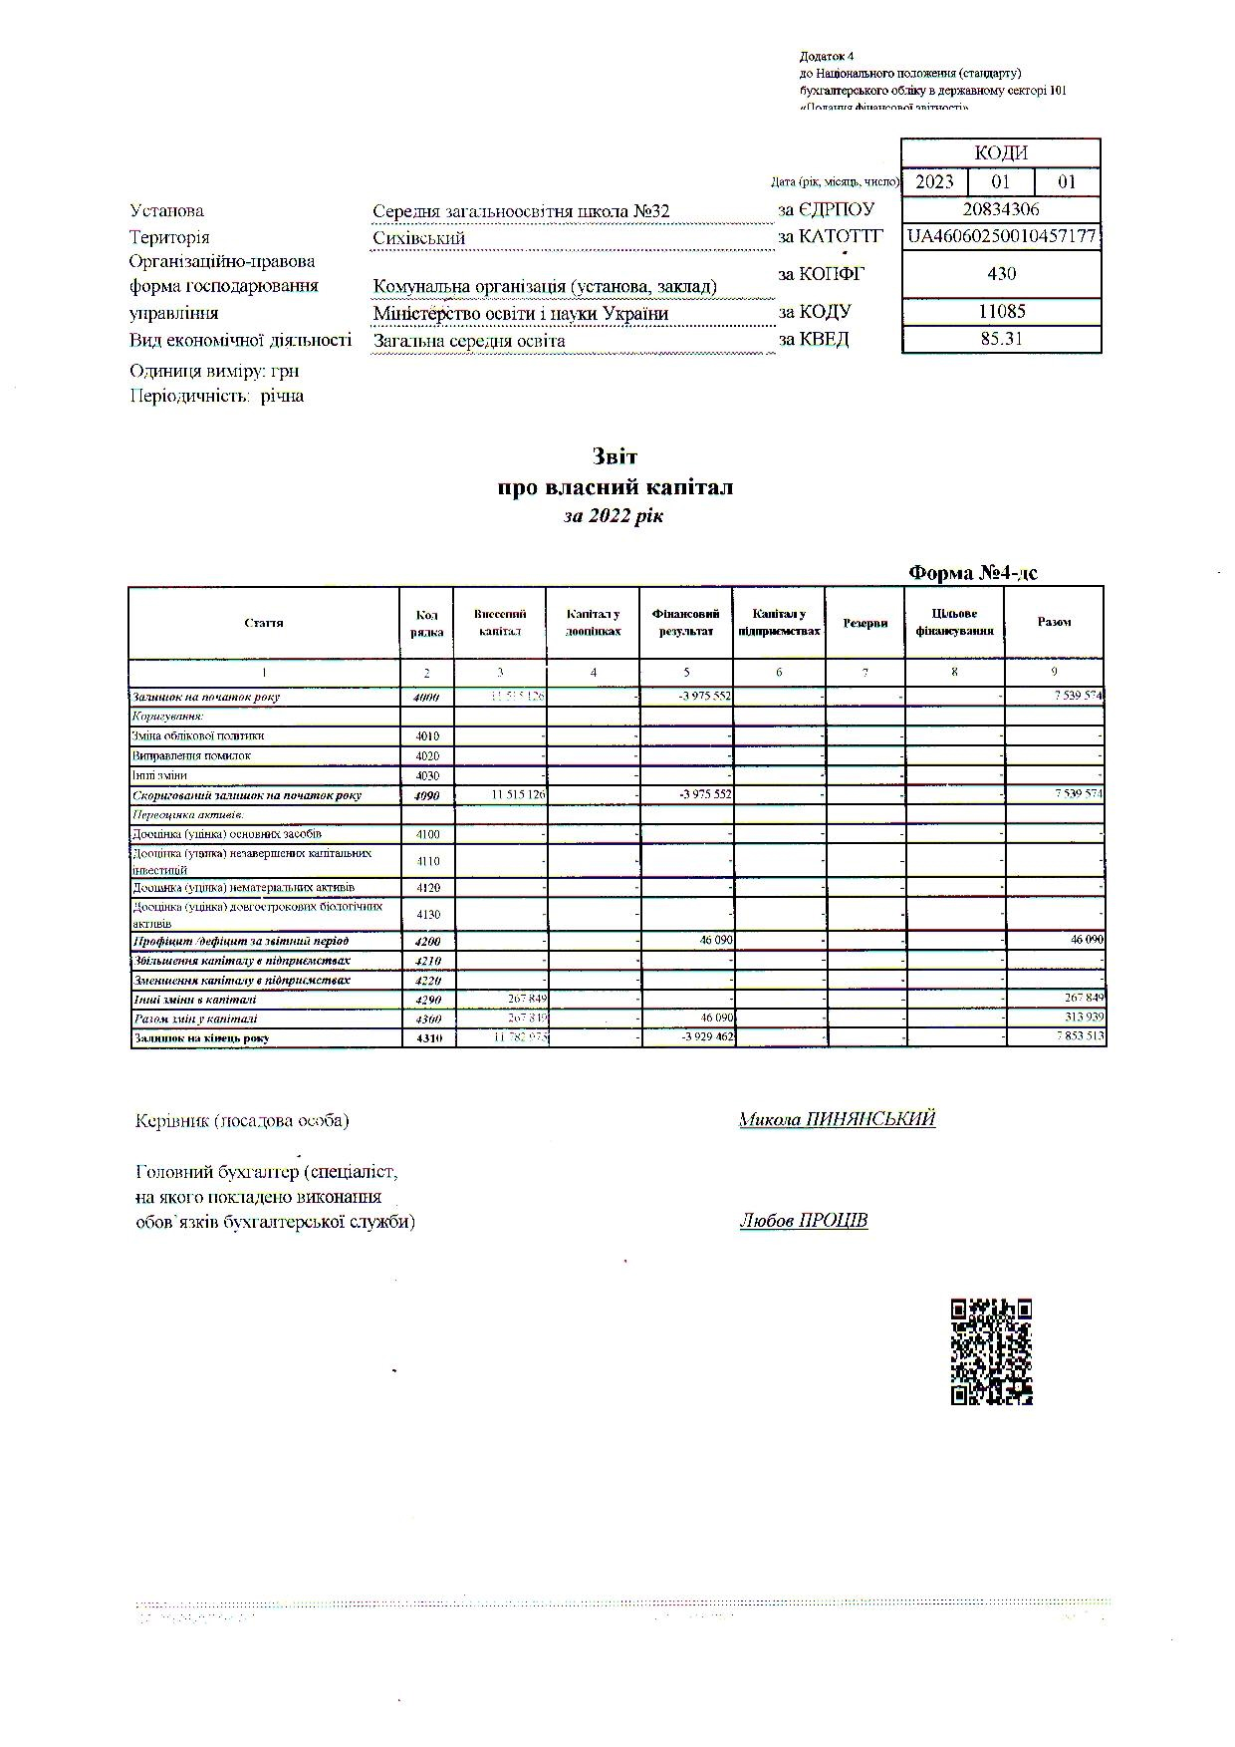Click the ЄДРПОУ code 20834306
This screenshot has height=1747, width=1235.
1001,209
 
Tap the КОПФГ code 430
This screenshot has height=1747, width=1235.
1001,274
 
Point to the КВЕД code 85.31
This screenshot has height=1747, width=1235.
1001,338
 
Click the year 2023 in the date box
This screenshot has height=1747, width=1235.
934,181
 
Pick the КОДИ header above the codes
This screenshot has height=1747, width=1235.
1001,152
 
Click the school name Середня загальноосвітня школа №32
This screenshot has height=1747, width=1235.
521,211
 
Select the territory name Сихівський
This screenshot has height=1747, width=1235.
418,238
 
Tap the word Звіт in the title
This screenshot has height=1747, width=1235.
615,456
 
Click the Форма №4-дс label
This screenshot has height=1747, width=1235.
973,573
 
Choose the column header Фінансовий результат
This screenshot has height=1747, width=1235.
686,623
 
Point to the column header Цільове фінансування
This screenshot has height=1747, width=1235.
954,623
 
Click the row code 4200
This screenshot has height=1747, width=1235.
426,941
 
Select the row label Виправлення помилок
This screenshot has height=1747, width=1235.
191,755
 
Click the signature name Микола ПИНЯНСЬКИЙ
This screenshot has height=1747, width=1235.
837,1119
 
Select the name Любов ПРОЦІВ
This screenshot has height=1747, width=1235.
803,1221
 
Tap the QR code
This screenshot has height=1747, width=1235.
991,1352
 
